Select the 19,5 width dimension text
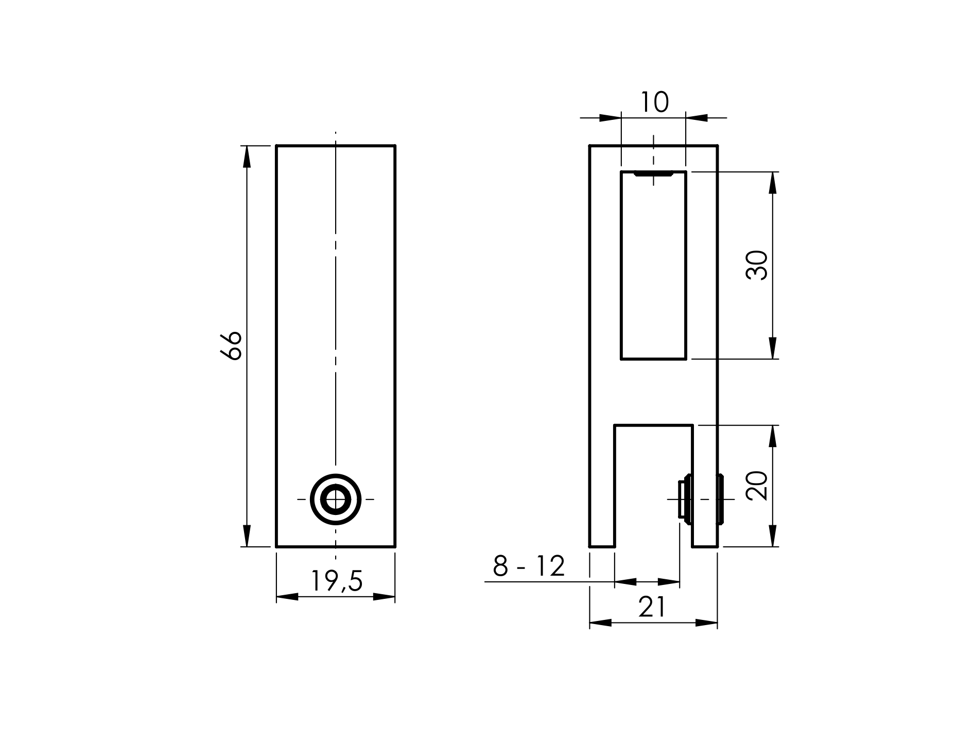click(337, 581)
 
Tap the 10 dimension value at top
click(654, 102)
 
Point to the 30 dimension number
click(756, 265)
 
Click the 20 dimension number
click(756, 486)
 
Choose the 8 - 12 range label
click(529, 566)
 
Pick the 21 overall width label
click(652, 607)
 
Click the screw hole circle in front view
click(336, 499)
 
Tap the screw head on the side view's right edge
click(721, 499)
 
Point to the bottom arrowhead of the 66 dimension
click(247, 536)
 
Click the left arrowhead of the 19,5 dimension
click(287, 597)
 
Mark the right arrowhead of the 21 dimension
click(706, 623)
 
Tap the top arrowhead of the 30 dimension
click(772, 182)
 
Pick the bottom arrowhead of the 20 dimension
click(772, 536)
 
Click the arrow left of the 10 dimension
click(610, 118)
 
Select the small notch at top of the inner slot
click(653, 174)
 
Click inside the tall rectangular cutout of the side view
click(653, 268)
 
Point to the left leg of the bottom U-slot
click(602, 486)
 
